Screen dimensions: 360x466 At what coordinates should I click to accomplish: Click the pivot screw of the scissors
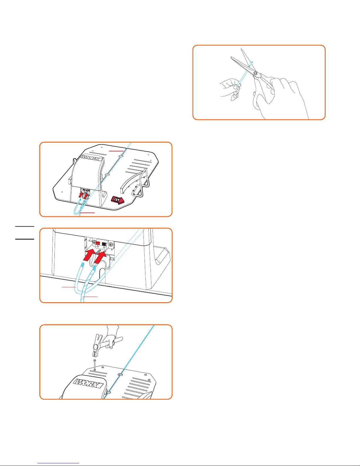255,73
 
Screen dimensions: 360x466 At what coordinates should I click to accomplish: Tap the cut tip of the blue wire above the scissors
252,62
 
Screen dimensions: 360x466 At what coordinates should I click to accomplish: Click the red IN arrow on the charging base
118,200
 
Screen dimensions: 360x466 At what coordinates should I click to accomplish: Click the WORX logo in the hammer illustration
88,383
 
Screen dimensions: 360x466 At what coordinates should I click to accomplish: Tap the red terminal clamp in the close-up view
98,244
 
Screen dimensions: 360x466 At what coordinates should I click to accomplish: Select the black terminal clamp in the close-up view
104,244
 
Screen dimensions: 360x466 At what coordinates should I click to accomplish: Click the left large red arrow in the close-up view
90,255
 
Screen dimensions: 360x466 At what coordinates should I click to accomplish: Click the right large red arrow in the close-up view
100,257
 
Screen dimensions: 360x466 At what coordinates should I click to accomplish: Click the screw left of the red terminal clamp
94,242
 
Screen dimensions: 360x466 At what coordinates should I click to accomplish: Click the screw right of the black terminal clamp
111,244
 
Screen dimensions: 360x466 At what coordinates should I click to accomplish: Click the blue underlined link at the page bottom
58,463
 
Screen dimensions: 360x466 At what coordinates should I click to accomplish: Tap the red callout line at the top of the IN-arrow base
116,151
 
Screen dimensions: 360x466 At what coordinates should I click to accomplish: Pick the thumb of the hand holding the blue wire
236,87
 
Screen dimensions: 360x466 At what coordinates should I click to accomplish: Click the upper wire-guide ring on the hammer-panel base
120,375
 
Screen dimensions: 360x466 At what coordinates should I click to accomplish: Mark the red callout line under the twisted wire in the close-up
90,297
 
